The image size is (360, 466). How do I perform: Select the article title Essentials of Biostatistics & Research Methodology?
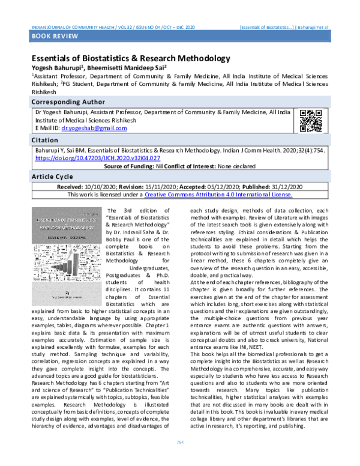click(x=131, y=58)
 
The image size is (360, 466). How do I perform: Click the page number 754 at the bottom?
click(x=179, y=459)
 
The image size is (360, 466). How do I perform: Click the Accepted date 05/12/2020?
click(x=223, y=187)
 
